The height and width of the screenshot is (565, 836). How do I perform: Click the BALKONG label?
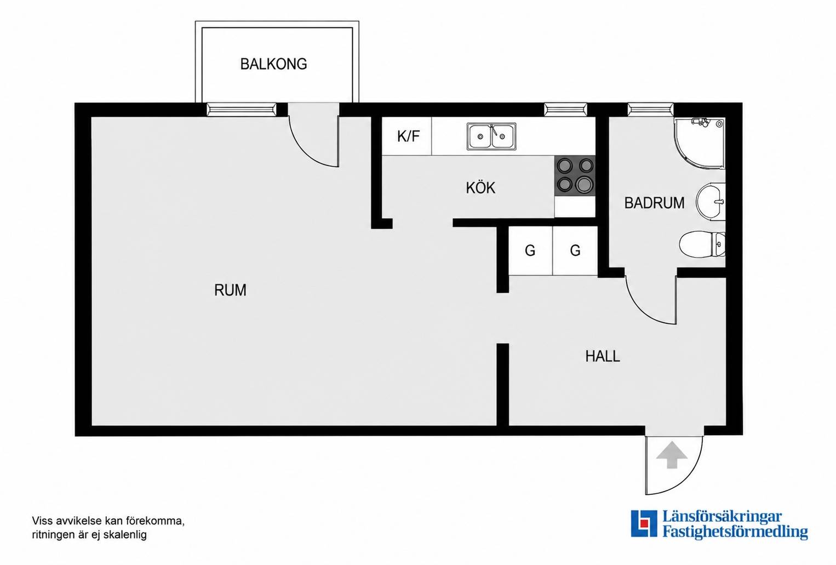point(273,64)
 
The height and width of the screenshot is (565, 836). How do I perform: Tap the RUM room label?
point(230,290)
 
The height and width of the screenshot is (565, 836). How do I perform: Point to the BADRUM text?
point(654,203)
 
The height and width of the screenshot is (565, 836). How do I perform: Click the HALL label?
point(603,356)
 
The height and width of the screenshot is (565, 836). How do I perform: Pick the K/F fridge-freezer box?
point(407,136)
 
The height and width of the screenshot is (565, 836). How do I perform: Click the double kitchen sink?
point(491,136)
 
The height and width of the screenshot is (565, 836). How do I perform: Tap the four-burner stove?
point(575,175)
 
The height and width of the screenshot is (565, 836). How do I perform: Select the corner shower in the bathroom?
point(700,143)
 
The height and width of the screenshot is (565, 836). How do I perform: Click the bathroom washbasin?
point(711,202)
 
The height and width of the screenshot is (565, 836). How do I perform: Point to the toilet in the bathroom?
point(702,244)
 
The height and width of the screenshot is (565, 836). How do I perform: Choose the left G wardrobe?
point(530,250)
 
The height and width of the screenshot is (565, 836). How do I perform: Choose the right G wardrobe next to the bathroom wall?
point(575,250)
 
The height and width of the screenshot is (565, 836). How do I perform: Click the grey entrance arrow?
point(672,454)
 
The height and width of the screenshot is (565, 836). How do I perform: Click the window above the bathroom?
point(650,110)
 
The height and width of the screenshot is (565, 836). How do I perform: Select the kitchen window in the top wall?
point(566,110)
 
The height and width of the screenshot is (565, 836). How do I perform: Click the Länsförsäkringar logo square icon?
point(644,523)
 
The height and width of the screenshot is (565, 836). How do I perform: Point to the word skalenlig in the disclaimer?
point(125,535)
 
